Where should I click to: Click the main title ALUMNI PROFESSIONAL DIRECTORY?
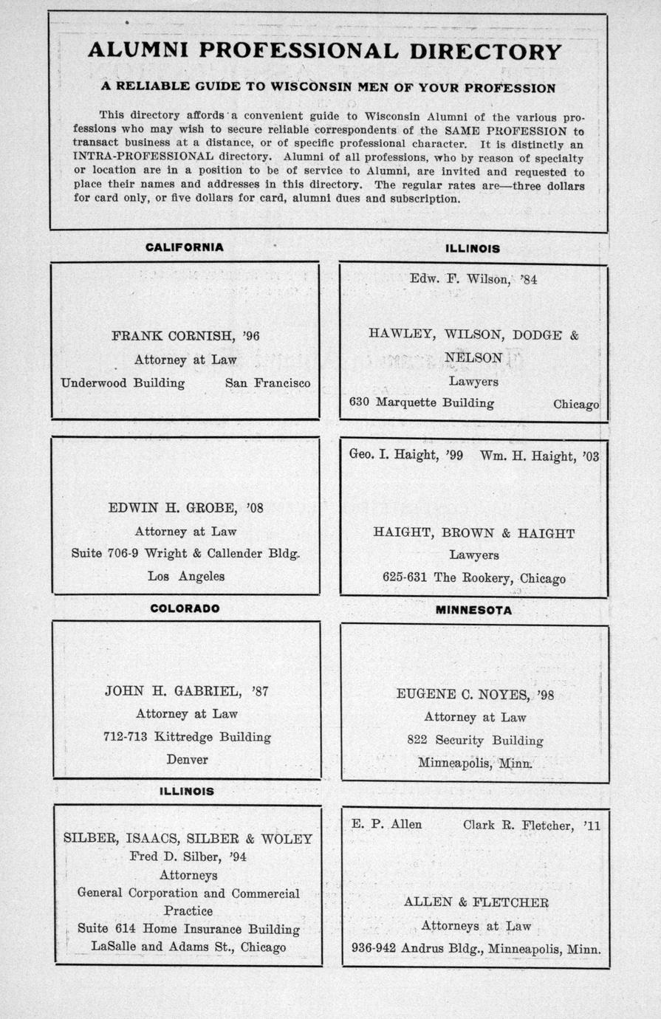pyautogui.click(x=325, y=51)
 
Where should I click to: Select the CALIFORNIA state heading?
pyautogui.click(x=184, y=247)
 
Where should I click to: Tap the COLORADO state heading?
pyautogui.click(x=185, y=608)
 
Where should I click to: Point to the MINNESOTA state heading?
pyautogui.click(x=473, y=611)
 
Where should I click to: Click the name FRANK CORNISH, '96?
pyautogui.click(x=185, y=336)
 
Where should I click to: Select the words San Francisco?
pyautogui.click(x=267, y=382)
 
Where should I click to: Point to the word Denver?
pyautogui.click(x=187, y=759)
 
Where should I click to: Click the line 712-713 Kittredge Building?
pyautogui.click(x=187, y=736)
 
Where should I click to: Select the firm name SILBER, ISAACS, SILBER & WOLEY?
pyautogui.click(x=188, y=838)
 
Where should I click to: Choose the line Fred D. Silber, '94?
pyautogui.click(x=188, y=857)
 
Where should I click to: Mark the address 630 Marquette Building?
pyautogui.click(x=422, y=403)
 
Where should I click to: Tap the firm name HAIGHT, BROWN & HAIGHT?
pyautogui.click(x=473, y=533)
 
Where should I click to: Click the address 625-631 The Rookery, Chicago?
pyautogui.click(x=473, y=577)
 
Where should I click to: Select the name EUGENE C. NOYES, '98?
pyautogui.click(x=475, y=694)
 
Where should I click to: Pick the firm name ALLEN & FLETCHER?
pyautogui.click(x=476, y=902)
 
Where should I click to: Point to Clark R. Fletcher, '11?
pyautogui.click(x=532, y=825)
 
